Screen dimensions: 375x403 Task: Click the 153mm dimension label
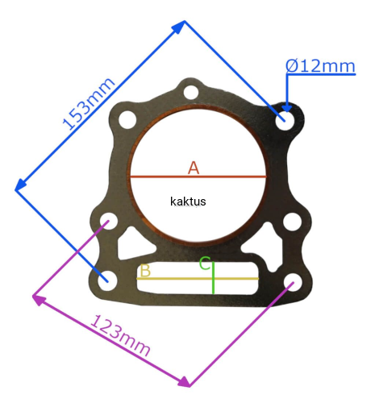point(89,103)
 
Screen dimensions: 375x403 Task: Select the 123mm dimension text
point(120,335)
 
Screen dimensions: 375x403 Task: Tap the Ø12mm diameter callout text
point(320,66)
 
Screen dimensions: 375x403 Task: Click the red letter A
point(194,168)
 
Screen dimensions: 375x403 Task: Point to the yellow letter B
point(145,270)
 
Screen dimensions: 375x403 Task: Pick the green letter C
point(205,263)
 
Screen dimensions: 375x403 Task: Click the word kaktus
point(188,201)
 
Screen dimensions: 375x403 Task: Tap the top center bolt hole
point(191,92)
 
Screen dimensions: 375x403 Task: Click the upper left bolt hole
point(127,119)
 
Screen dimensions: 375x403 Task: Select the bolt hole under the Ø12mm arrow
point(285,120)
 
